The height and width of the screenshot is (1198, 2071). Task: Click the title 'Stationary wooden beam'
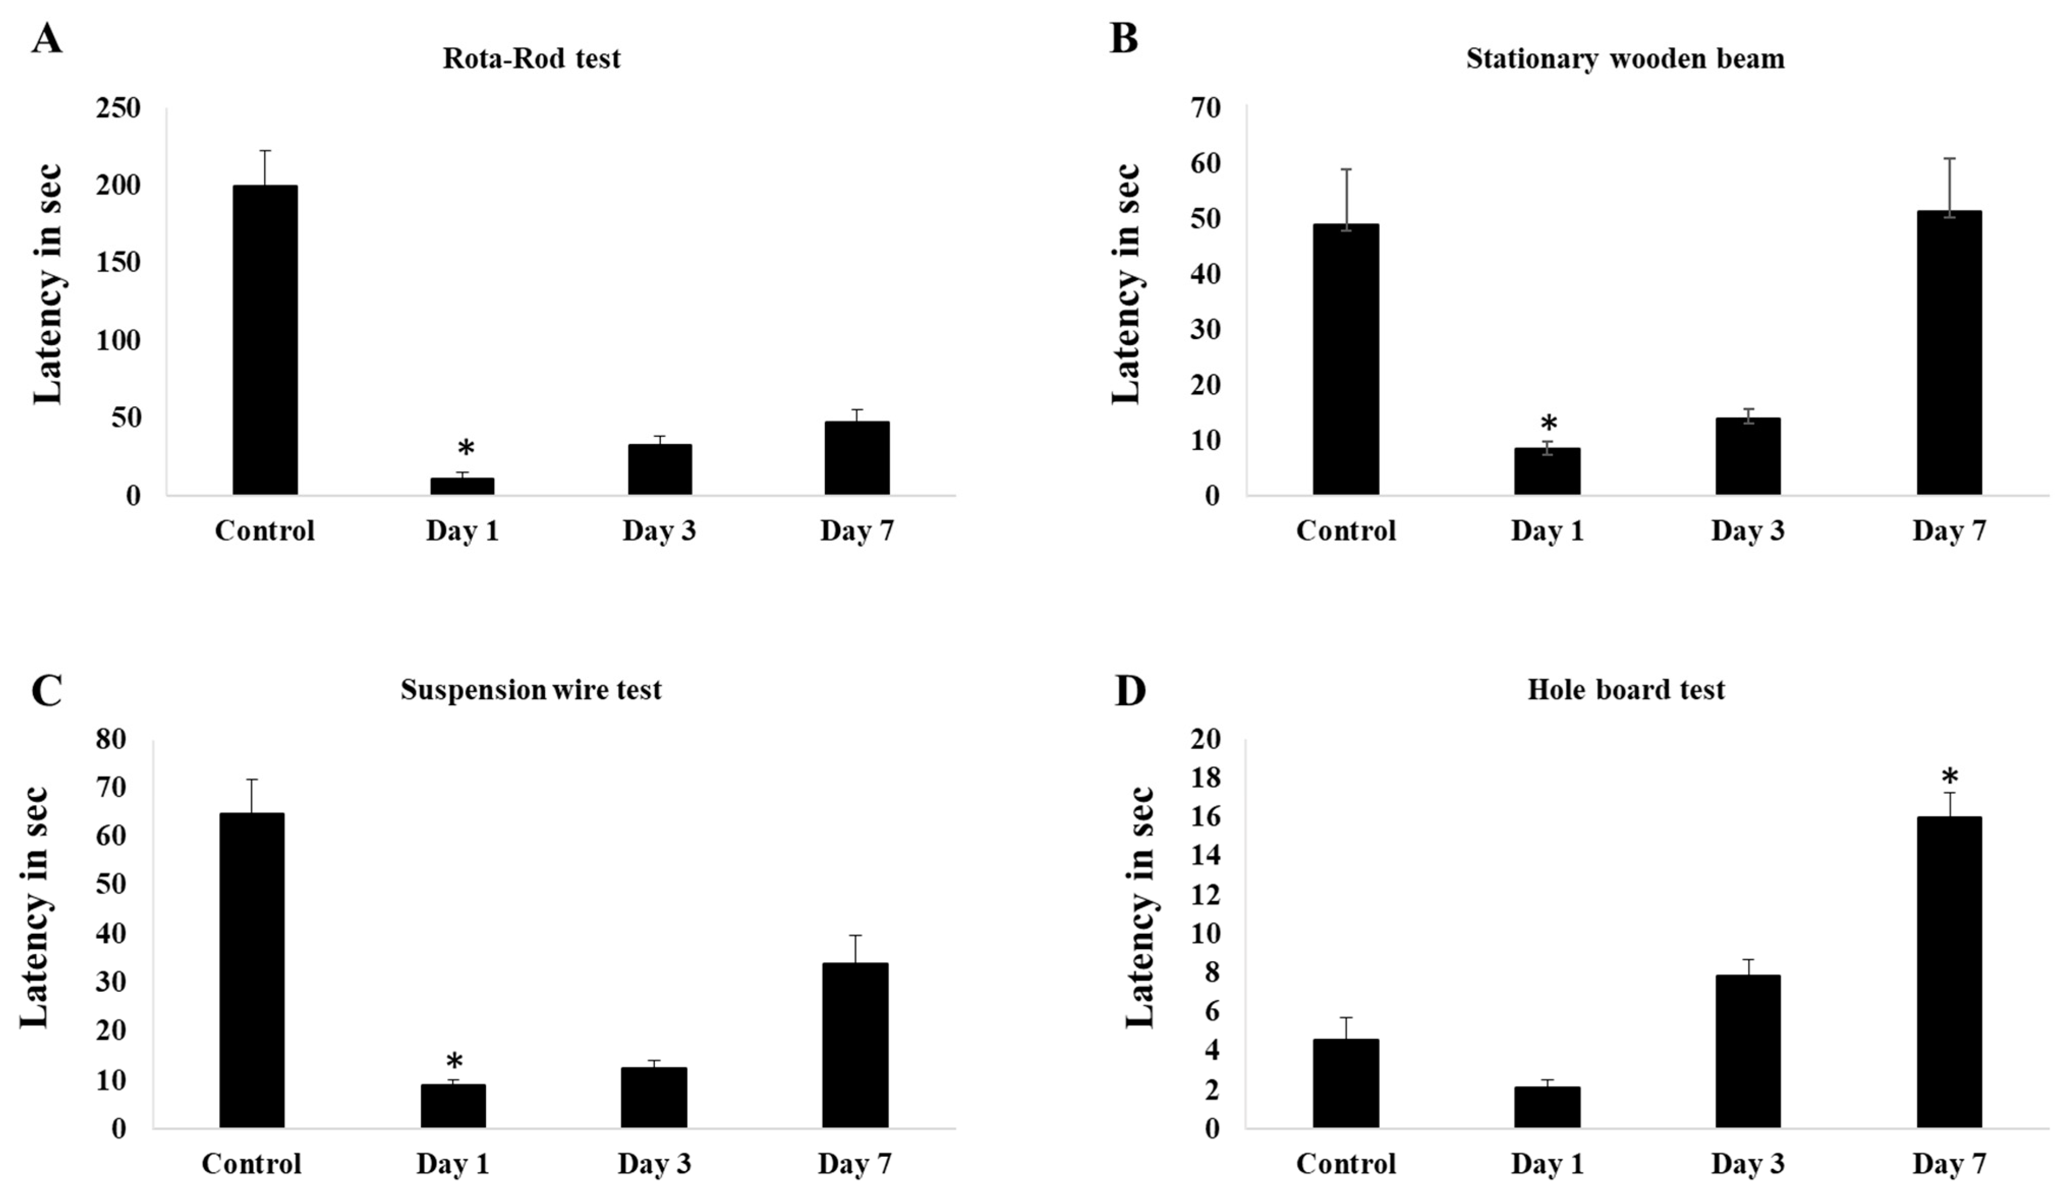coord(1625,59)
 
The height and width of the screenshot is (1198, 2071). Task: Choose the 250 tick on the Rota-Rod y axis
coord(119,108)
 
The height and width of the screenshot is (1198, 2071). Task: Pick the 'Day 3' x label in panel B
coord(1747,531)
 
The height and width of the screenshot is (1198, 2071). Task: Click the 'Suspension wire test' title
coord(531,689)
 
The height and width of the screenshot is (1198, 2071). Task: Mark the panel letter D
coord(1130,691)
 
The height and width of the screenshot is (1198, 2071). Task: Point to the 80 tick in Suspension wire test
coord(112,739)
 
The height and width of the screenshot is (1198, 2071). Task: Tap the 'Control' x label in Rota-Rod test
coord(265,531)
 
